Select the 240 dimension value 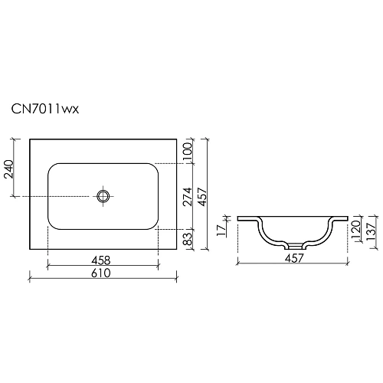click(x=8, y=168)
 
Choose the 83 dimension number click(x=186, y=239)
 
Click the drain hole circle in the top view click(x=104, y=196)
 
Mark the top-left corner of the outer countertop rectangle click(x=30, y=139)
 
